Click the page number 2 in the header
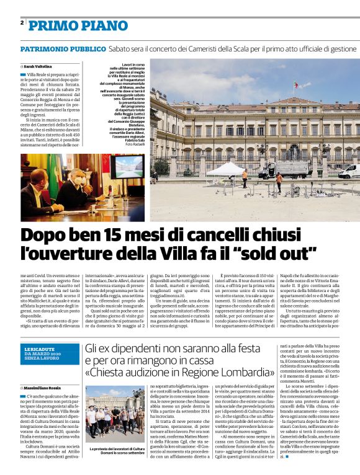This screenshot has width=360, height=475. (22, 23)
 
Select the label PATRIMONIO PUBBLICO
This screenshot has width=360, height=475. (63, 48)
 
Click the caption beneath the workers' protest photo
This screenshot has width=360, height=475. (117, 451)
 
